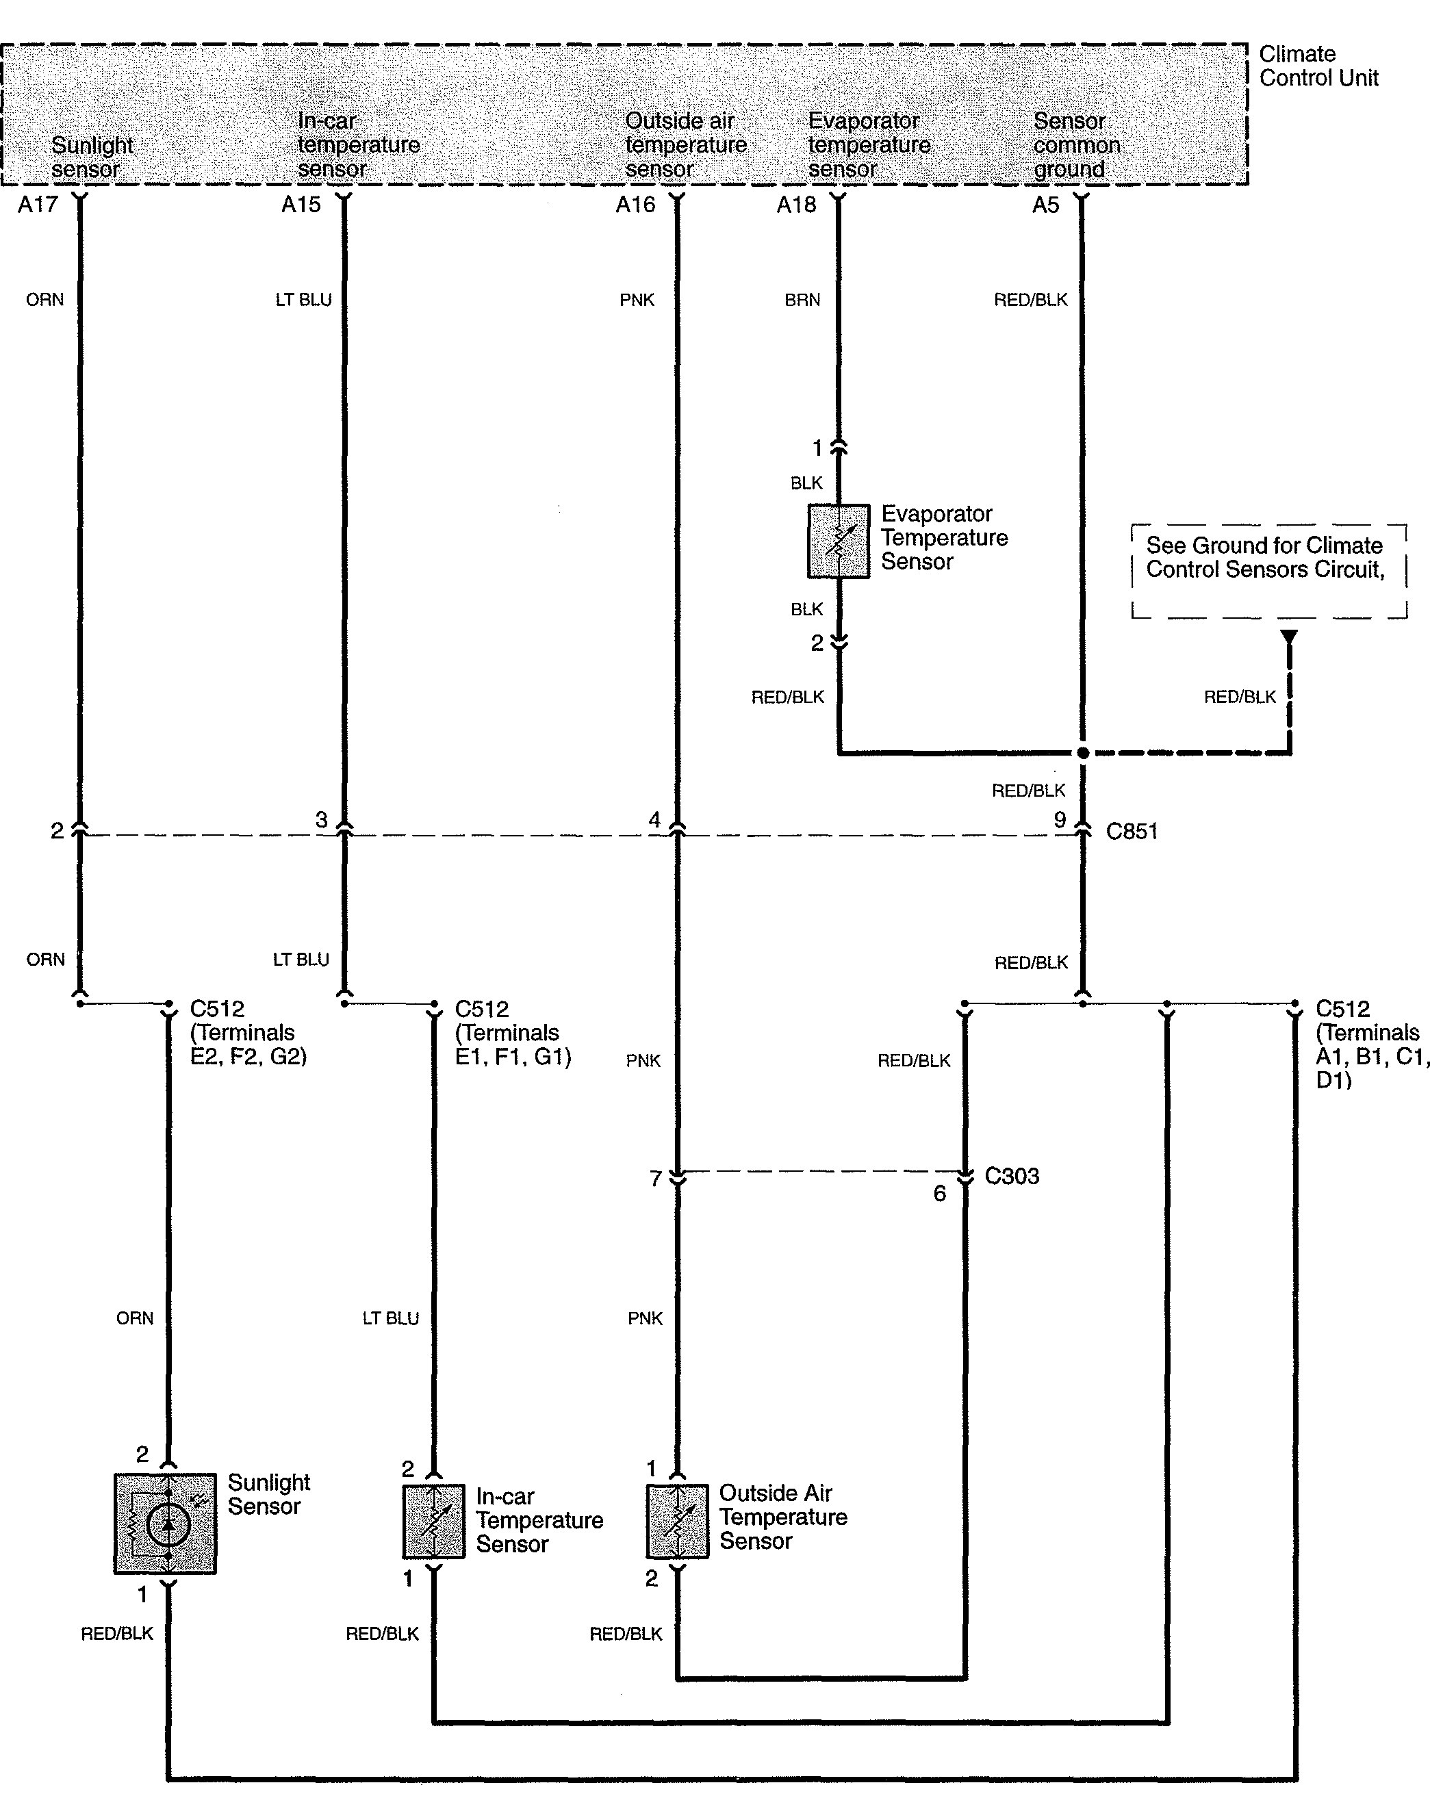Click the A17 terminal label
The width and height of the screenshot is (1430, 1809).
coord(38,204)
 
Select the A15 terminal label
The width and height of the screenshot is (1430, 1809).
coord(301,204)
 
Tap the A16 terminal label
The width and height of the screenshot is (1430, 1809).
coord(635,204)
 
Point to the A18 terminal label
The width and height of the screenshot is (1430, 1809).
coord(796,204)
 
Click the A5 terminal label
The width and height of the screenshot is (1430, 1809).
coord(1046,204)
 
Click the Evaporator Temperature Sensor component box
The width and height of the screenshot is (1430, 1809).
coord(838,541)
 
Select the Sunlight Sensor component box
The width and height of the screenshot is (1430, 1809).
coord(165,1524)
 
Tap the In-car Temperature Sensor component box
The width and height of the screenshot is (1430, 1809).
coord(434,1522)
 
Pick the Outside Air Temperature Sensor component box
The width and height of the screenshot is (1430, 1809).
coord(677,1522)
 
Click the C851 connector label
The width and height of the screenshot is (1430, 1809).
coord(1132,831)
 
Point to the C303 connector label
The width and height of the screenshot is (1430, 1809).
coord(1011,1176)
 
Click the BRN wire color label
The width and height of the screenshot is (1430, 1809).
coord(802,300)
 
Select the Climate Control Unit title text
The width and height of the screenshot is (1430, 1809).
coord(1318,66)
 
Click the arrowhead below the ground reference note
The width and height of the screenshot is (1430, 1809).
coord(1290,637)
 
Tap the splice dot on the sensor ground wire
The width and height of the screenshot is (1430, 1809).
coord(1082,753)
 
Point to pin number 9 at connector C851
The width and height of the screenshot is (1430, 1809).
coord(1060,819)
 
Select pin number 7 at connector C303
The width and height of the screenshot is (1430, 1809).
coord(656,1179)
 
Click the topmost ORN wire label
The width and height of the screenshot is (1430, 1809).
coord(44,300)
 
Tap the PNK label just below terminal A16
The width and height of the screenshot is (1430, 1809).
coord(637,300)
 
